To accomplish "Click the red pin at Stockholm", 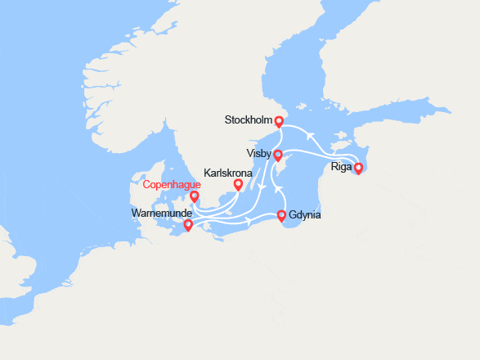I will pos(279,122).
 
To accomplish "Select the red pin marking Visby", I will pos(278,155).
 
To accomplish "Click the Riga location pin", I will pos(358,168).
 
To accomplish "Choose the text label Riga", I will pos(342,167).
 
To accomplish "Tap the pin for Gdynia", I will pos(282,216).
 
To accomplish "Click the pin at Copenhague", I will pos(195,196).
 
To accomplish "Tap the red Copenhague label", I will pos(172,184).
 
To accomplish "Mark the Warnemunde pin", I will pos(188,225).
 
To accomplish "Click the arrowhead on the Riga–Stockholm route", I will pos(310,135).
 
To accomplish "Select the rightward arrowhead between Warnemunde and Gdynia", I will pos(248,219).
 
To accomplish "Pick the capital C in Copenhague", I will pos(146,184).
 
